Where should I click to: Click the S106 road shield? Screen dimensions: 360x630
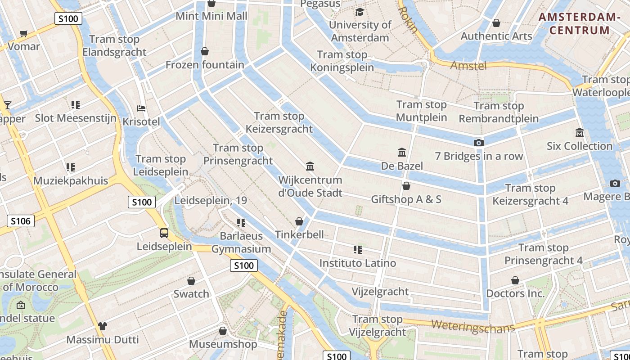21,221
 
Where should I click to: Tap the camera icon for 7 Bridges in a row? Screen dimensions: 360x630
479,143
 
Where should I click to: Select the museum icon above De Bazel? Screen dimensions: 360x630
402,152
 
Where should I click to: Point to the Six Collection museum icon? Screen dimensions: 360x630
579,133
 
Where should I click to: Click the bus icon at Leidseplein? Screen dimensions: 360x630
164,233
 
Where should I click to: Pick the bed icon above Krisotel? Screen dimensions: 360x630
141,108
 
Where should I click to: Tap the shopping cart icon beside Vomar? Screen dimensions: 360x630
24,33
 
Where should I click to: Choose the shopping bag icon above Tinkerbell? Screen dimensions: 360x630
299,221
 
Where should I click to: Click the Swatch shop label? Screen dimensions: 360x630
191,294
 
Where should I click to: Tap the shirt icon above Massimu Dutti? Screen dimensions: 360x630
103,326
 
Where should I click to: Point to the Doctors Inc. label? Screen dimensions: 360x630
515,294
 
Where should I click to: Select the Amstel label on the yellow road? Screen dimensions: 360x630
468,66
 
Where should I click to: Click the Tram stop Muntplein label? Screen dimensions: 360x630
422,111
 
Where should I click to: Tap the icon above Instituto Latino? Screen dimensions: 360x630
358,249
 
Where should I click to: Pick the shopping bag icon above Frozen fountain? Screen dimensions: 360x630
205,51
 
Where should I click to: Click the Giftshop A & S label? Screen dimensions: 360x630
406,199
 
